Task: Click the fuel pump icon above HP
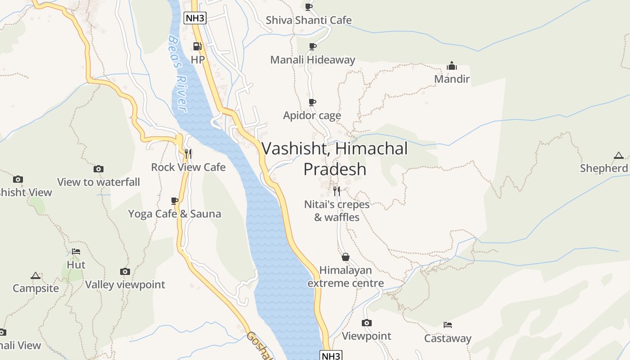click(x=197, y=46)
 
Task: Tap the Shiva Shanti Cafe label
click(x=309, y=20)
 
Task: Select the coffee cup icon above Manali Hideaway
click(x=312, y=46)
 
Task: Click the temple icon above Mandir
click(x=452, y=66)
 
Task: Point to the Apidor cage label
click(x=312, y=116)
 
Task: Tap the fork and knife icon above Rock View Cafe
click(x=188, y=154)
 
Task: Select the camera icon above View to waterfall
click(x=99, y=169)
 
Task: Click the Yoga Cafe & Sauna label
click(x=175, y=214)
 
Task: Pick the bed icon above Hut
click(x=76, y=252)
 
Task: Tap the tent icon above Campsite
click(x=36, y=275)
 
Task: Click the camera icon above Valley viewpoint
click(x=125, y=271)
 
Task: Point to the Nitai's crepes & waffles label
click(x=337, y=211)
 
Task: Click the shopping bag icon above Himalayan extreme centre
click(x=345, y=257)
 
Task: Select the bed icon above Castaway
click(x=448, y=325)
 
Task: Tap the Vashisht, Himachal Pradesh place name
click(x=334, y=158)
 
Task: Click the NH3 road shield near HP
click(x=195, y=18)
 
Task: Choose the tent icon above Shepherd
click(x=619, y=156)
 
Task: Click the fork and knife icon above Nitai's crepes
click(x=337, y=191)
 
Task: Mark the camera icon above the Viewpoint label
click(x=367, y=323)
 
